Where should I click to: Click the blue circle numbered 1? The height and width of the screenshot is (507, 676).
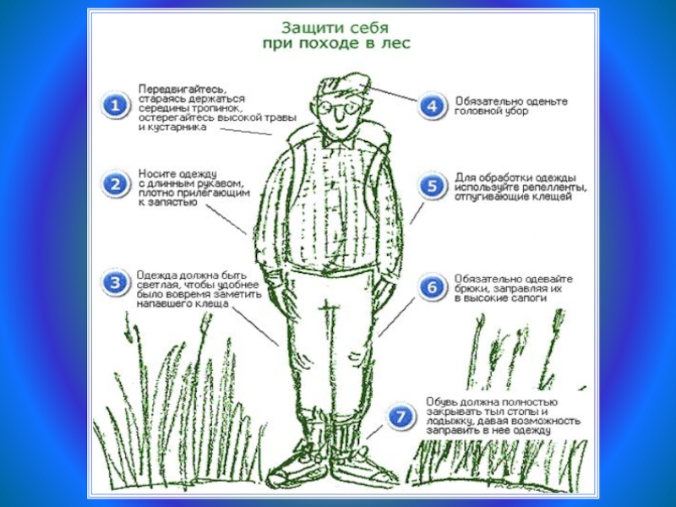115,105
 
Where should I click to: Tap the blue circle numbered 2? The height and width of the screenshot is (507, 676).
115,184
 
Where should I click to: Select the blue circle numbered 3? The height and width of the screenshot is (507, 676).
115,283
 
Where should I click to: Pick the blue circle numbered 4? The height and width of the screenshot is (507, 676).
432,106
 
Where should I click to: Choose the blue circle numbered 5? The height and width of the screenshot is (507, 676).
432,186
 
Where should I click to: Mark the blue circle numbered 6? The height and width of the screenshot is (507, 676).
432,287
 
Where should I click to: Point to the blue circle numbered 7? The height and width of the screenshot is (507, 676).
401,417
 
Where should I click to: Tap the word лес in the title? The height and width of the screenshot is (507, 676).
395,44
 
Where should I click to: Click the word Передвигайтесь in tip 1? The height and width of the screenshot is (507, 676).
182,90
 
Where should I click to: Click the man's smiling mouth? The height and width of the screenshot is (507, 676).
341,128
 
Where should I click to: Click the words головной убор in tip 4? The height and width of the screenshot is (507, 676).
491,112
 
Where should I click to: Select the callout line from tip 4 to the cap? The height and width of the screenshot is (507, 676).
393,95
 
